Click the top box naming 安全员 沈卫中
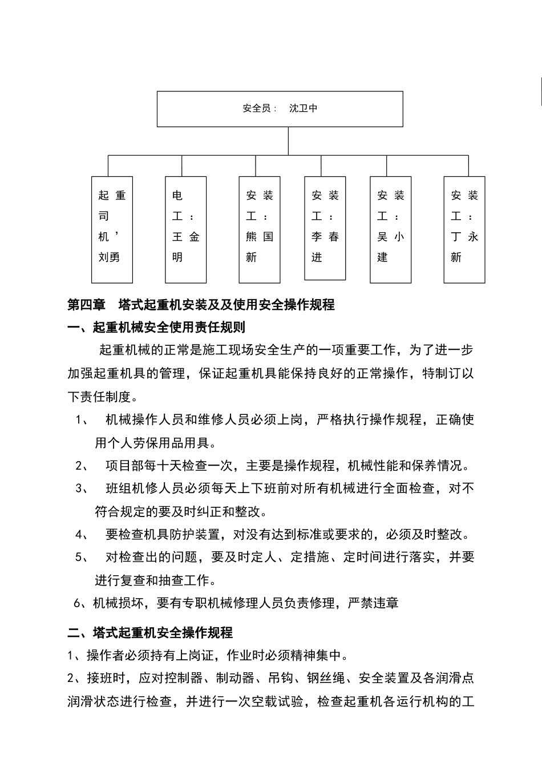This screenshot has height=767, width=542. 280,108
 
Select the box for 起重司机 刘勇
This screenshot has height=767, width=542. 112,229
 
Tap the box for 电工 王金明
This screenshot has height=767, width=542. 185,229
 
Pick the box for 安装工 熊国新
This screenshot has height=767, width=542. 259,229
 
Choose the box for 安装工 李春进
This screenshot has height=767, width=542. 325,228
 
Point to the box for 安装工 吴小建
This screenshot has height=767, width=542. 390,229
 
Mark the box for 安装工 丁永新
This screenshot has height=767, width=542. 464,229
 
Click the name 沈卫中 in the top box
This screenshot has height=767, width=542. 303,108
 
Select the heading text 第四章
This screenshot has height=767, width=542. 87,305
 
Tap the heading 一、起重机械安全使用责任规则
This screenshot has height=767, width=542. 156,328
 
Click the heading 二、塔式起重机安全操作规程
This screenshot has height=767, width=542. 150,633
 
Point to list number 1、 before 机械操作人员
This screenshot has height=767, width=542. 82,420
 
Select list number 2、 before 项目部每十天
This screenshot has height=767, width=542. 82,466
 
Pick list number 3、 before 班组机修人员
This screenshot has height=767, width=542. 82,489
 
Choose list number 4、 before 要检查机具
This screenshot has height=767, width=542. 82,535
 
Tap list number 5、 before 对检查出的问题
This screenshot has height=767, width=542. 82,558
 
